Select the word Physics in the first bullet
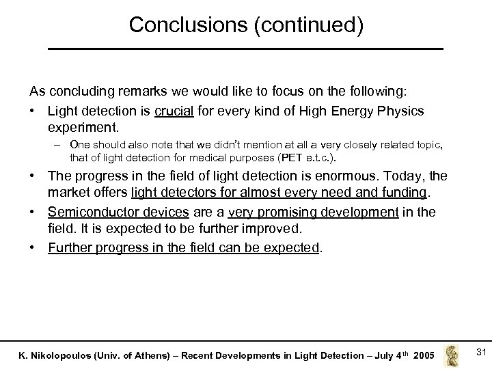(401, 110)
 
